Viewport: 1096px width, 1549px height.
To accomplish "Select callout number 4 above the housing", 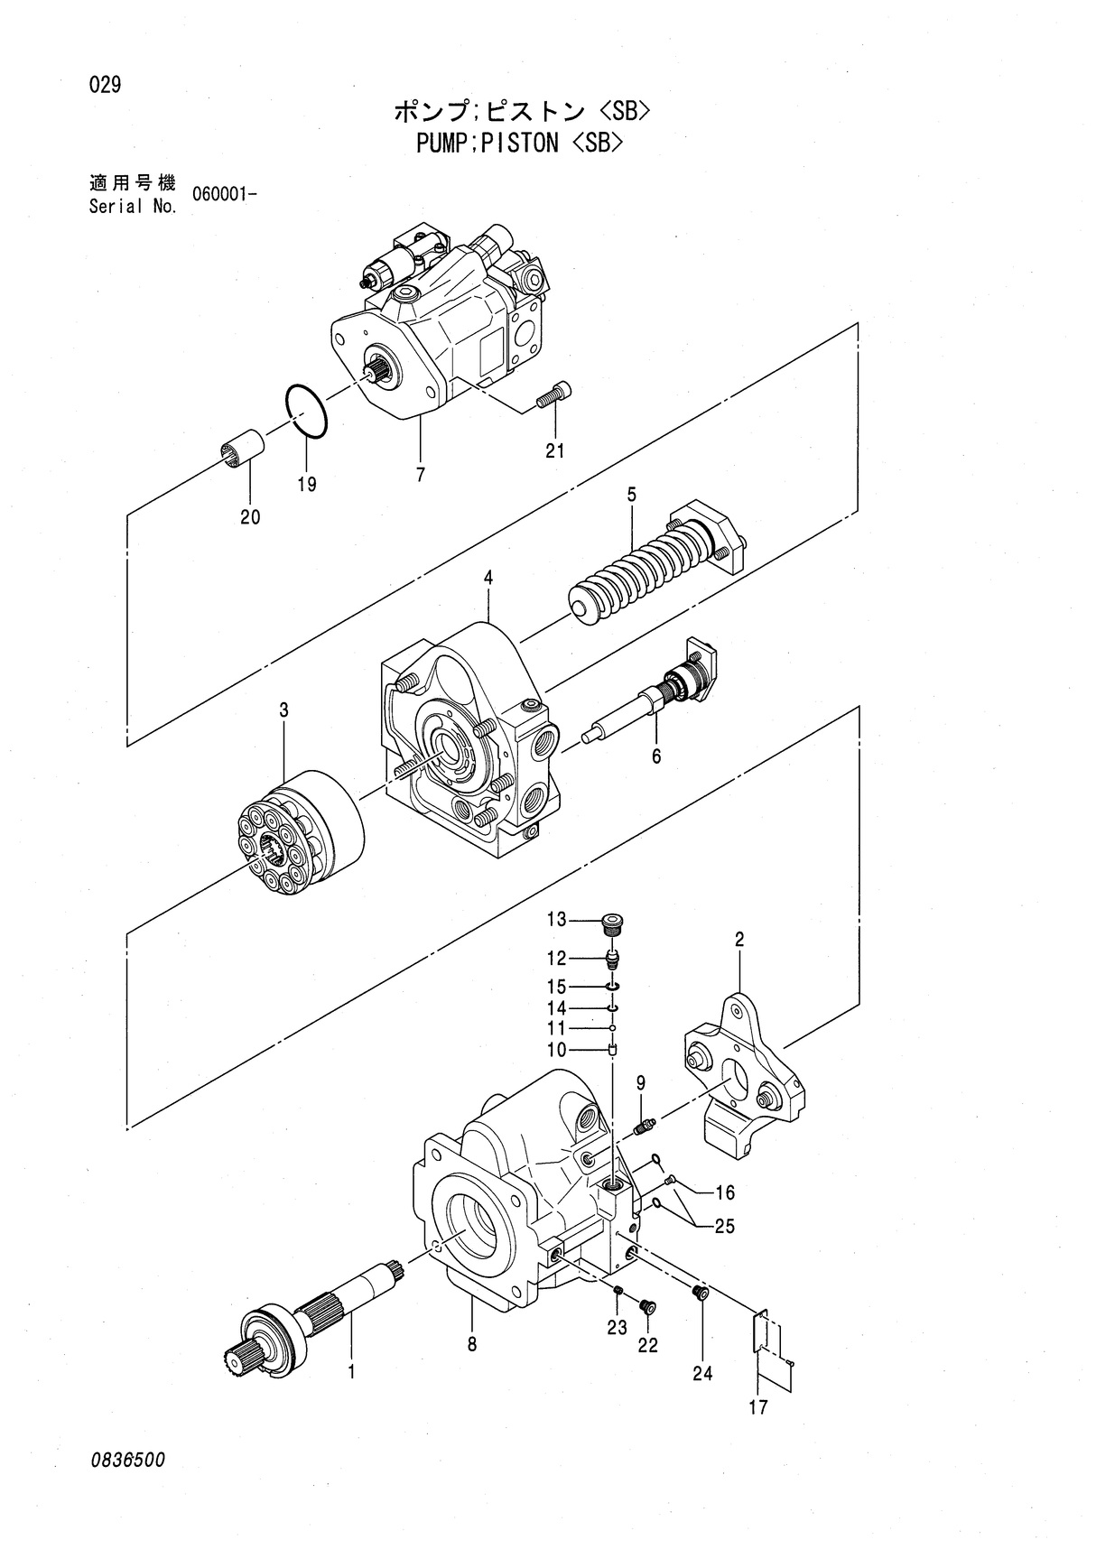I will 488,577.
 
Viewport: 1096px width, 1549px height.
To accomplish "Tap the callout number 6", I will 656,756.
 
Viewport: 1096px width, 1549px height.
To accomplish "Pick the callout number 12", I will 556,958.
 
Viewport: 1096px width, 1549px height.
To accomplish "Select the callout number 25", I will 724,1226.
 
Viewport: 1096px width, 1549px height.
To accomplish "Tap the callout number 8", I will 471,1344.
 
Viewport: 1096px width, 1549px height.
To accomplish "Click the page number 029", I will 105,86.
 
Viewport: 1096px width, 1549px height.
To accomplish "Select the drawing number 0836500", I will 127,1460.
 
